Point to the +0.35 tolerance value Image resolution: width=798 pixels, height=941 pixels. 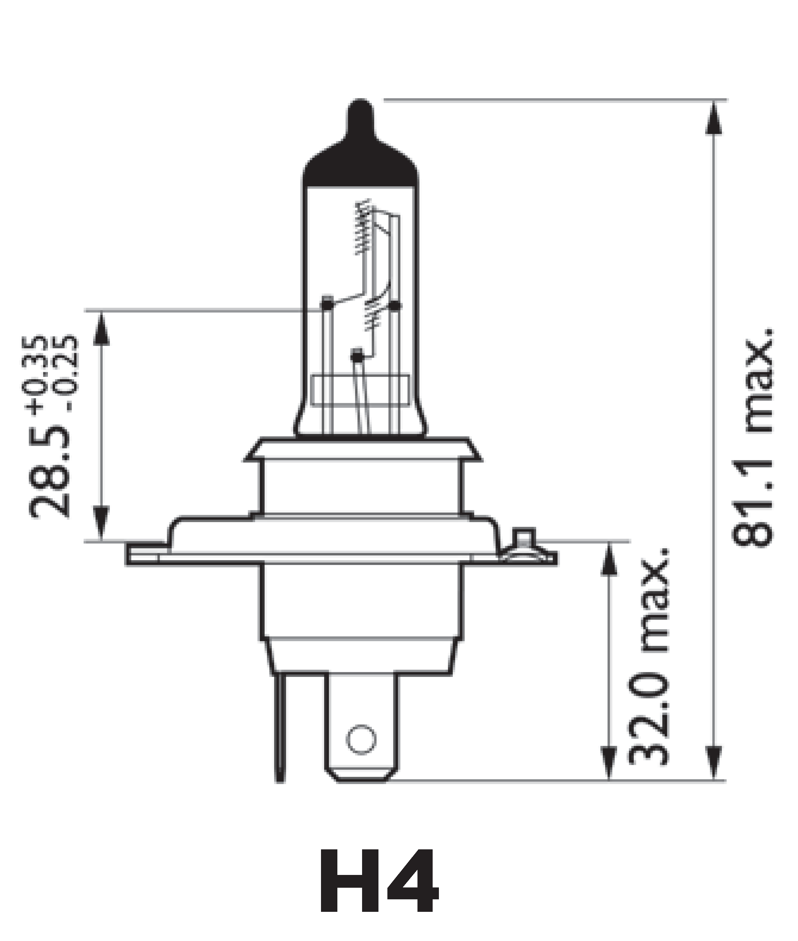[40, 375]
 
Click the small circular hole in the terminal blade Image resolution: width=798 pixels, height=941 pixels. [361, 739]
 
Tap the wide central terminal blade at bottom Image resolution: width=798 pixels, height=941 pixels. [362, 733]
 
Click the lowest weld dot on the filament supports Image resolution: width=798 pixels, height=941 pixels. [357, 357]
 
